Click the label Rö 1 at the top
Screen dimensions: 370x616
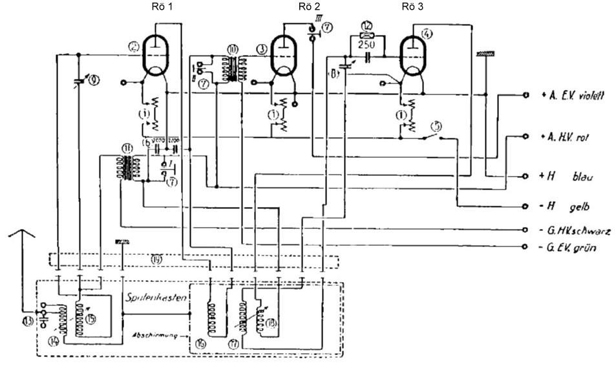coord(156,6)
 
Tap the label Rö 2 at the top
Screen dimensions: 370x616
coord(308,6)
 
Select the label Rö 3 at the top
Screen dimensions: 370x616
coord(412,6)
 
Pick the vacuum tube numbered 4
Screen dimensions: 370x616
coord(414,54)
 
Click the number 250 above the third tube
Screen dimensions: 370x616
coord(367,38)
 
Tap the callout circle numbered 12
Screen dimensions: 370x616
coord(367,25)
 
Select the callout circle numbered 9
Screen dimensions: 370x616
coord(95,81)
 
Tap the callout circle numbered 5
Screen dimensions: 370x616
coord(438,127)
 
